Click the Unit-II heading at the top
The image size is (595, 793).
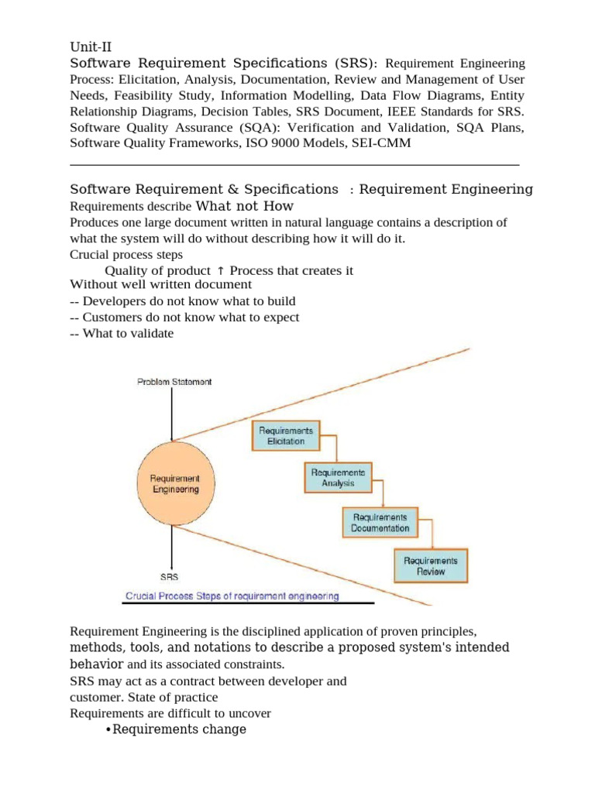91,46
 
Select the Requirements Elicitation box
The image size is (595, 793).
286,436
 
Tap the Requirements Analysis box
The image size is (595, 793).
338,478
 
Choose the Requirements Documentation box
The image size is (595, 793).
379,523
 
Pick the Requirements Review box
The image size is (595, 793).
431,566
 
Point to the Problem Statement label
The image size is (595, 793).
174,382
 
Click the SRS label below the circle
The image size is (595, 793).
169,577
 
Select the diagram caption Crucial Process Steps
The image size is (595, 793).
233,596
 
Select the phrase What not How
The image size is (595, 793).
245,206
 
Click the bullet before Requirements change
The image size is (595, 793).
108,729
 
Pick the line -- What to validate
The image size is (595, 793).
122,334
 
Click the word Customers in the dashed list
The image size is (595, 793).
114,318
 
